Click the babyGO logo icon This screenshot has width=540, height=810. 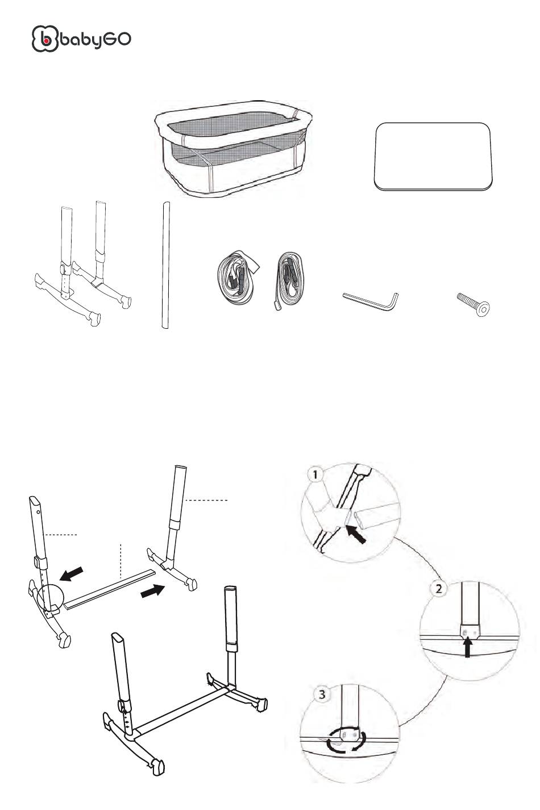(x=45, y=39)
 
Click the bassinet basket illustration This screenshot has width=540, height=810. (x=233, y=148)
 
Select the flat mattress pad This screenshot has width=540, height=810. (x=433, y=156)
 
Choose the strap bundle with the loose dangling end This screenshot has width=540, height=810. (x=288, y=280)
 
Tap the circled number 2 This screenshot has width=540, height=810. (x=438, y=589)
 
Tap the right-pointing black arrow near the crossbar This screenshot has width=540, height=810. (x=152, y=591)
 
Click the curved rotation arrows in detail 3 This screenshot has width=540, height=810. (x=346, y=740)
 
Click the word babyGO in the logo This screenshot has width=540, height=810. (x=95, y=39)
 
